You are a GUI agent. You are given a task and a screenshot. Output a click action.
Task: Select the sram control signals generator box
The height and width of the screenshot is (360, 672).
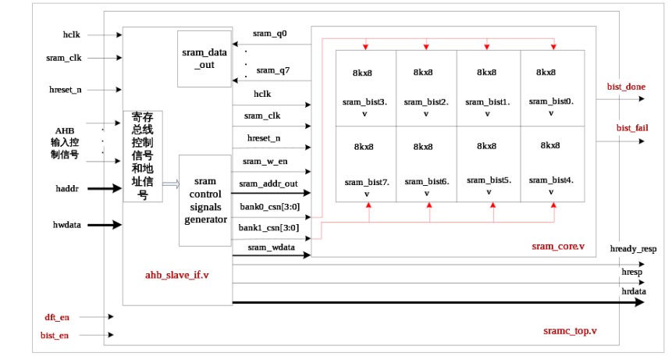point(205,200)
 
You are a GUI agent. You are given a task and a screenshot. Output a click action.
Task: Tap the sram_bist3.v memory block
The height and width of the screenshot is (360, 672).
point(365,87)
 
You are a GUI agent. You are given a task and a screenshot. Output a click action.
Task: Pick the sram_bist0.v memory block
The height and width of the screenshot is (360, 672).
point(552,87)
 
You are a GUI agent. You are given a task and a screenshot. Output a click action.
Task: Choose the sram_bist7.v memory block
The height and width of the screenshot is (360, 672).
point(365,164)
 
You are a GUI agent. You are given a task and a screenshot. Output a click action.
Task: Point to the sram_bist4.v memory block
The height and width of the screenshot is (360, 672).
point(552,164)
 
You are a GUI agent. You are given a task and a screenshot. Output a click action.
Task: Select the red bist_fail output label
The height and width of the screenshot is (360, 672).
point(626,127)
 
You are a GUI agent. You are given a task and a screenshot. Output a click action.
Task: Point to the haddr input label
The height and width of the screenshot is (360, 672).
point(68,188)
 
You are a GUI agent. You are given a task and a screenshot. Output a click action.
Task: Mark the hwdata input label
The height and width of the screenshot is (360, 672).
point(69,225)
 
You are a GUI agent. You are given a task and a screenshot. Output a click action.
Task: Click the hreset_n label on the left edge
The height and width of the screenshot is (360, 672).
point(66,90)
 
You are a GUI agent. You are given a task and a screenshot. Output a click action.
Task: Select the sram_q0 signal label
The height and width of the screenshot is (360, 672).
point(270,34)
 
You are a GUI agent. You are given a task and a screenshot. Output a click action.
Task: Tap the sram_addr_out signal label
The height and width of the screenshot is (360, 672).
point(268,184)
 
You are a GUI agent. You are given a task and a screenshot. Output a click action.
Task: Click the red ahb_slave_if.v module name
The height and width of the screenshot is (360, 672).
point(176,275)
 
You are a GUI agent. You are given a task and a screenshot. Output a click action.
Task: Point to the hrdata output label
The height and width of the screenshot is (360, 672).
point(634,290)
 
